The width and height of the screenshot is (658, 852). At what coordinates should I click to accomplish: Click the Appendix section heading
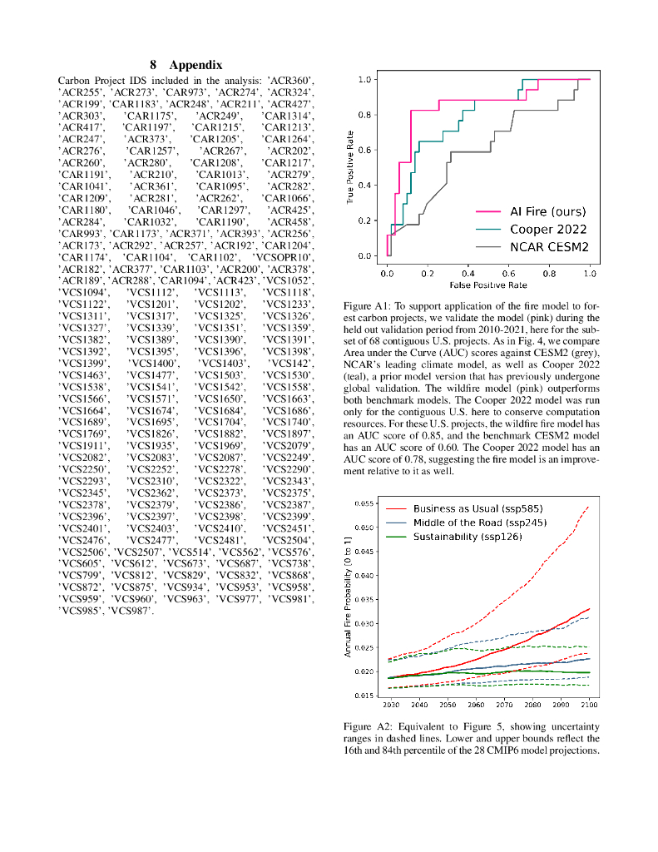(x=186, y=64)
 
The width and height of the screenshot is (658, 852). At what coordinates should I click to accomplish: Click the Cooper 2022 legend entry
(x=537, y=229)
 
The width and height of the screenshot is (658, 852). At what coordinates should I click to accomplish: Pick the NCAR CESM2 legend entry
(x=537, y=247)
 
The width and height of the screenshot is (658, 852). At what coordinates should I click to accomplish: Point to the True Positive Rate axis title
(x=353, y=167)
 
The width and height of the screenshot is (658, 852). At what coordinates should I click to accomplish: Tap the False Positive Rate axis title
(x=487, y=285)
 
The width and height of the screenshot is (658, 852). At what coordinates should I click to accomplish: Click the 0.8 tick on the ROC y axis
(x=364, y=115)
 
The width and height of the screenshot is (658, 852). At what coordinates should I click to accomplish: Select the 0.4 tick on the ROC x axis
(x=468, y=272)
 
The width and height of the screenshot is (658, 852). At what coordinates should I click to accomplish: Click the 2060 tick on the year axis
(x=475, y=705)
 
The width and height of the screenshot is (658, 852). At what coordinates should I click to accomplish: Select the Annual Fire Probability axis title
(x=348, y=597)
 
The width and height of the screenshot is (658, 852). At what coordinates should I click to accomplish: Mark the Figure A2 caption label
(x=367, y=726)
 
